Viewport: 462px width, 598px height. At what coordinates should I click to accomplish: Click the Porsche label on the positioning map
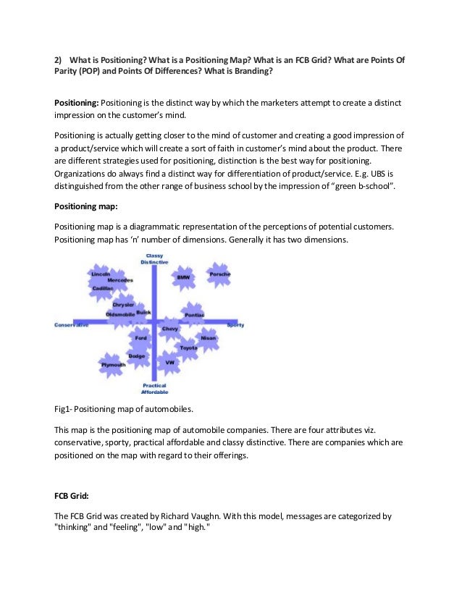click(219, 275)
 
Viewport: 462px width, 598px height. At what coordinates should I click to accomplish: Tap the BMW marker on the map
click(183, 278)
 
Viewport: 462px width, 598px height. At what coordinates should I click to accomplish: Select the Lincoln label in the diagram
click(101, 275)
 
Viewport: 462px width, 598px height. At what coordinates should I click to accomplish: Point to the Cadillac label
click(102, 288)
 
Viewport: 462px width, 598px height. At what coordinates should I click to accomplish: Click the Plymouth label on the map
click(113, 365)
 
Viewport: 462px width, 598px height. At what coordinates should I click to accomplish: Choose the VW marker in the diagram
click(169, 362)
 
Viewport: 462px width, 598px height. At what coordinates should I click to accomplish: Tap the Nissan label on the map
click(208, 338)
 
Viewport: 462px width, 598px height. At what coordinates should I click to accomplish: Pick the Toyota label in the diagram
click(188, 348)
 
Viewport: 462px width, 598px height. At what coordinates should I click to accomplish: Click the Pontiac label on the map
click(194, 315)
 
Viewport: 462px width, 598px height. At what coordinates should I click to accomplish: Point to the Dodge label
click(136, 356)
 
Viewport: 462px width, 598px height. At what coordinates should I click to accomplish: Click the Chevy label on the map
click(170, 329)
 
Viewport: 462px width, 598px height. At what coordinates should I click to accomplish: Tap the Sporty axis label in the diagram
click(236, 325)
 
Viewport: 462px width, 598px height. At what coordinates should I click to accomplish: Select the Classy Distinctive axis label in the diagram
click(154, 259)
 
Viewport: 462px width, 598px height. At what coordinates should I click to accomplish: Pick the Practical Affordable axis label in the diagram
click(154, 389)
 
